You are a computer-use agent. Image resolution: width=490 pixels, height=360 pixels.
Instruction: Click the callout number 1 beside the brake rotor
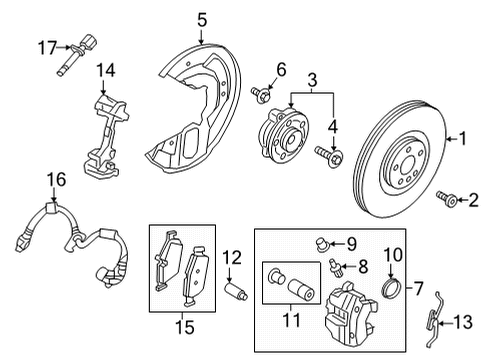[461, 141]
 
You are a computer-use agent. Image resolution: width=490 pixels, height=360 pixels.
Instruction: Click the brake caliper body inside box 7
[356, 311]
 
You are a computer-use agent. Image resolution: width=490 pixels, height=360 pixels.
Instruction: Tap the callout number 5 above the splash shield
[201, 18]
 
